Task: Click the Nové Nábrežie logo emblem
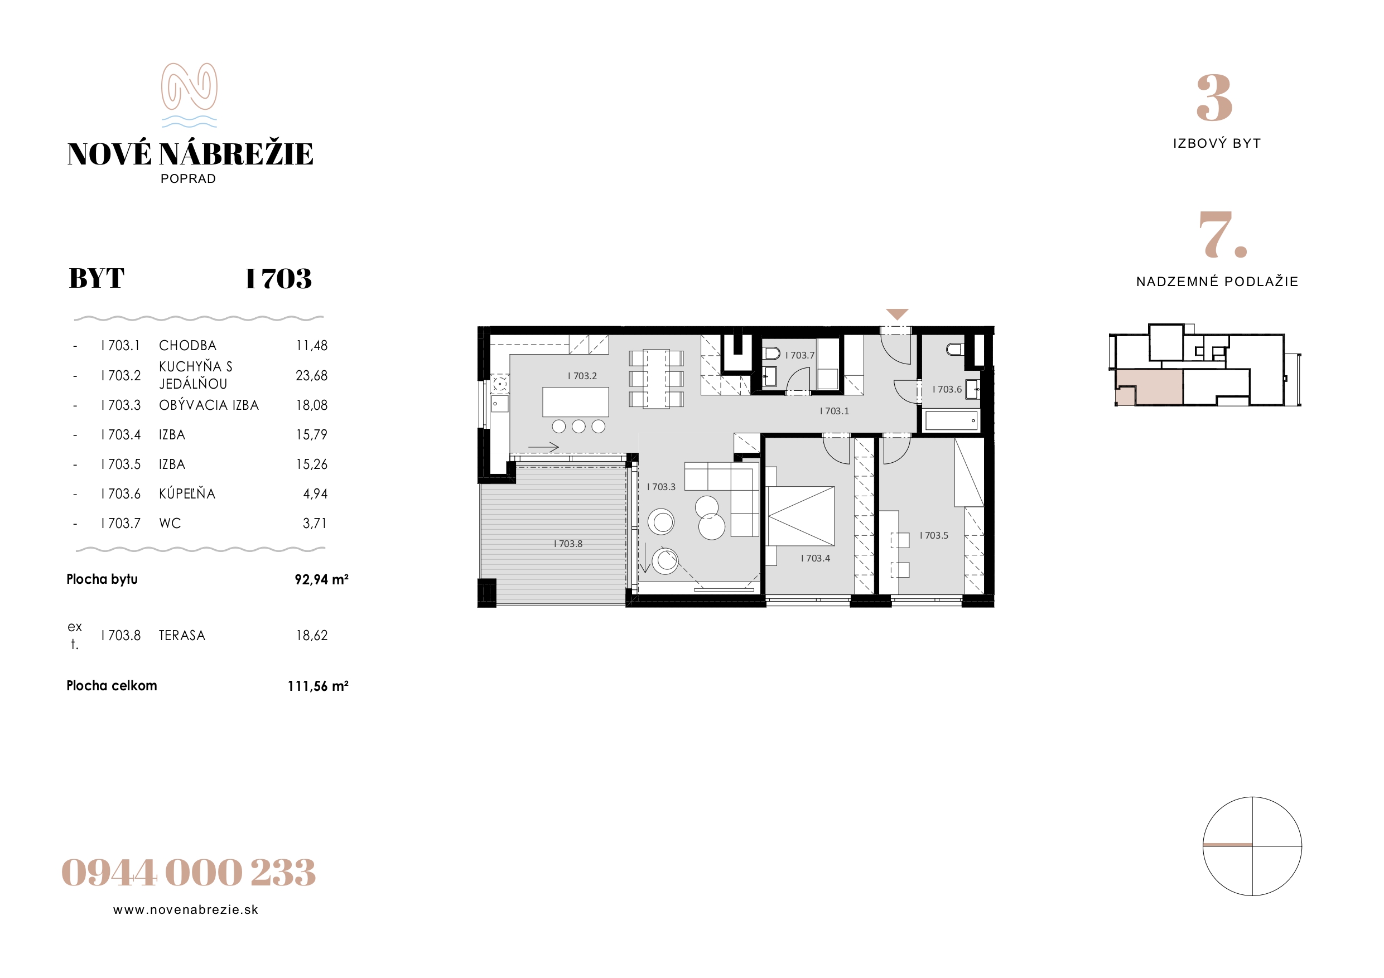[x=189, y=95]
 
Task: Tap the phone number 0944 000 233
[x=189, y=872]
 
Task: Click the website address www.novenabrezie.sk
[x=186, y=910]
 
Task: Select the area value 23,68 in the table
[x=312, y=375]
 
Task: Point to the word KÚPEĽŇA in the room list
[x=187, y=493]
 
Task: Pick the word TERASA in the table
[x=182, y=635]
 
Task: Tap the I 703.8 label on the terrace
[x=568, y=544]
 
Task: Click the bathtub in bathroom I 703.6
[x=951, y=420]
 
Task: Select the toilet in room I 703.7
[x=771, y=353]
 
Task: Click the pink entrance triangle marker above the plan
[x=897, y=314]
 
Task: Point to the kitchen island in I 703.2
[x=576, y=402]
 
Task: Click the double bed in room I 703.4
[x=800, y=516]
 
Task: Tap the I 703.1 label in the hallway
[x=835, y=411]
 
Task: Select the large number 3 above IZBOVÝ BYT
[x=1214, y=98]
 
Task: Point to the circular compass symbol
[x=1252, y=846]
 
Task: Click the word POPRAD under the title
[x=188, y=178]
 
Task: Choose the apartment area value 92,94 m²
[x=321, y=579]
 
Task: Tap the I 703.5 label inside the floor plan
[x=934, y=535]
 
